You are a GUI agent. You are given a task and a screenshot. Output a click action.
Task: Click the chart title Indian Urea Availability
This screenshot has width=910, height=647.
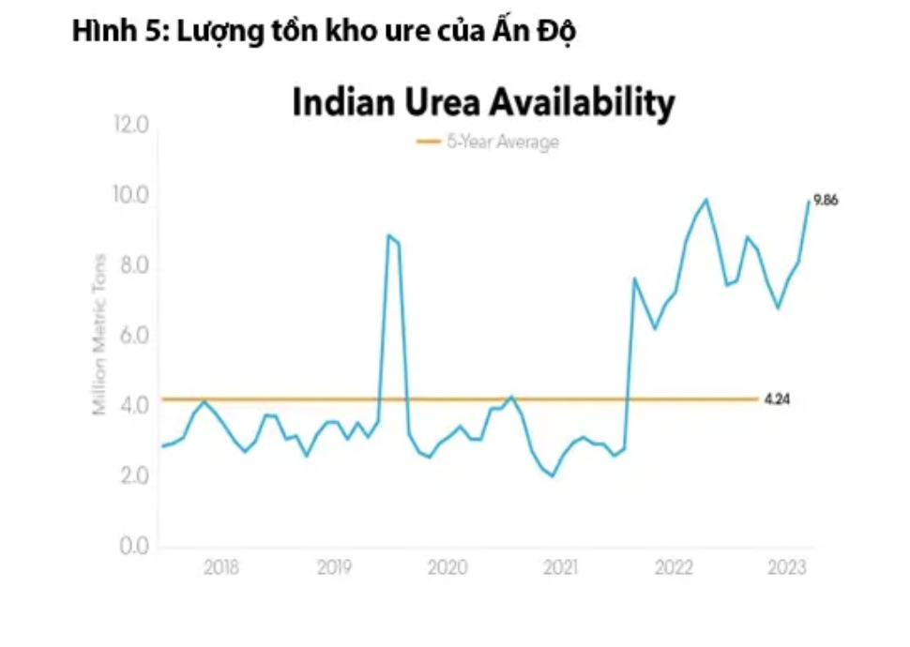[x=483, y=103]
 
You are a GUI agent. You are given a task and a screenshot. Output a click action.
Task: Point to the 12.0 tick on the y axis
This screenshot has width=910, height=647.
[x=130, y=125]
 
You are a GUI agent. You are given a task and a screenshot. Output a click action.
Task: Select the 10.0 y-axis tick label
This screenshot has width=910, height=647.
[x=130, y=196]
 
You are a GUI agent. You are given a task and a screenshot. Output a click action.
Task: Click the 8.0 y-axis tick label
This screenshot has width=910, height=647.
[x=131, y=266]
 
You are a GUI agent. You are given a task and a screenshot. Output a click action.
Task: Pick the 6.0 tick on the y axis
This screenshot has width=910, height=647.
[x=131, y=336]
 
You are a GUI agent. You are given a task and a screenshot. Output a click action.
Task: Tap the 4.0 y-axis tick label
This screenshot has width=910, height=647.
[x=131, y=406]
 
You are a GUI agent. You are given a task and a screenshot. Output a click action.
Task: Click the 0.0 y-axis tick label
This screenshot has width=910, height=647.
[x=131, y=546]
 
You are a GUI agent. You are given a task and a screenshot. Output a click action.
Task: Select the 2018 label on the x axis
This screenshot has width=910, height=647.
[x=220, y=567]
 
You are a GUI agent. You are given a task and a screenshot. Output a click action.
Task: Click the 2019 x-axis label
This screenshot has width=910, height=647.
[x=333, y=567]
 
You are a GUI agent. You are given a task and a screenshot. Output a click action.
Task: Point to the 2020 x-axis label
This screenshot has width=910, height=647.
[x=447, y=567]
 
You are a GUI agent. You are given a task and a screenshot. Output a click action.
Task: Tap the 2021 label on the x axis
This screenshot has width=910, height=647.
[x=560, y=567]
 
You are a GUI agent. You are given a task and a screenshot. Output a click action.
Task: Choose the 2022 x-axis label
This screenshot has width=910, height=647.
[x=674, y=567]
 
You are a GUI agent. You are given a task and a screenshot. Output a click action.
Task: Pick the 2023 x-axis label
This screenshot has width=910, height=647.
[x=786, y=567]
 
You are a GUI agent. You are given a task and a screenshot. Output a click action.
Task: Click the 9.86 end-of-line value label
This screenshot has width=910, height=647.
[x=826, y=200]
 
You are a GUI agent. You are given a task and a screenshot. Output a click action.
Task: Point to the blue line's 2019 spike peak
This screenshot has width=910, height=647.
[x=388, y=235]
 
